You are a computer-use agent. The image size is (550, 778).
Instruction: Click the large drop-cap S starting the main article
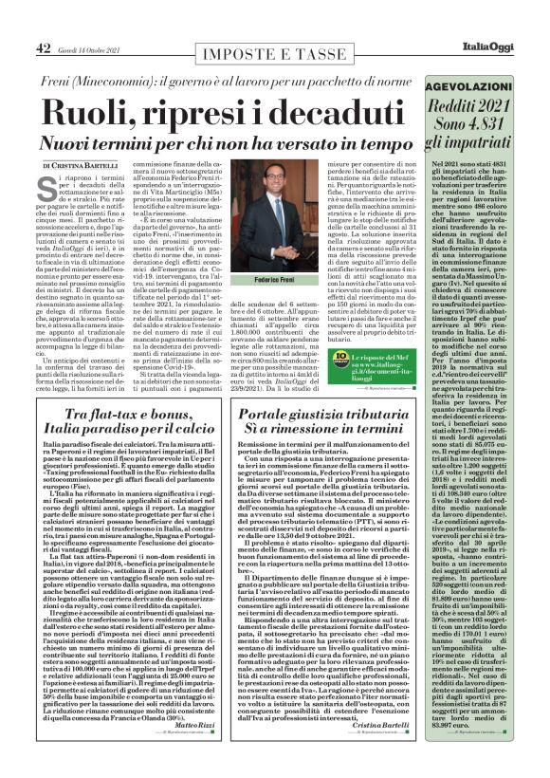47,184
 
